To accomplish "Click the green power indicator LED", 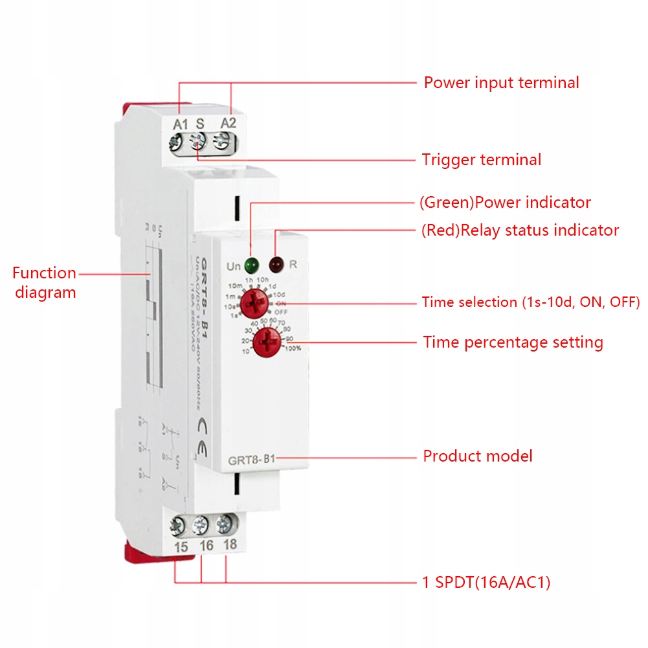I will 251,264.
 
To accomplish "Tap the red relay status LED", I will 277,264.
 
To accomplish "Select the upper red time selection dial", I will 253,303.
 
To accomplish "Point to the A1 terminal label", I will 180,123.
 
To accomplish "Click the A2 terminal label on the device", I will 229,123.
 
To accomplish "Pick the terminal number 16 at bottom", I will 206,546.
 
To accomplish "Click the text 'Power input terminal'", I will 501,83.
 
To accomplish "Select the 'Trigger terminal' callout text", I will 482,159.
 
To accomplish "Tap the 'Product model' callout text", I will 478,456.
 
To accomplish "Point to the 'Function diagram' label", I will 44,282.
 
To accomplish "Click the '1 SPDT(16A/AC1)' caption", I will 486,583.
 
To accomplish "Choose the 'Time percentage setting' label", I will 513,342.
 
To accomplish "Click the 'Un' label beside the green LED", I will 233,266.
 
